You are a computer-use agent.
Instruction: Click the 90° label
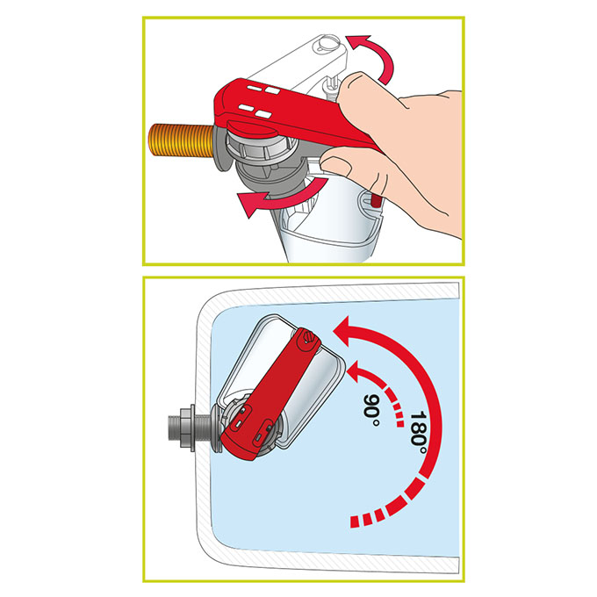371,411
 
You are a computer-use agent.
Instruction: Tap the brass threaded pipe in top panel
182,140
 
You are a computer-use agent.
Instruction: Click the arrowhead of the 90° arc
356,370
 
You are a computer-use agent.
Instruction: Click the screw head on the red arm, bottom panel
307,338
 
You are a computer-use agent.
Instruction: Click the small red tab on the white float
376,199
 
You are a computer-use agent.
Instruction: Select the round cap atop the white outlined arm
326,44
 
